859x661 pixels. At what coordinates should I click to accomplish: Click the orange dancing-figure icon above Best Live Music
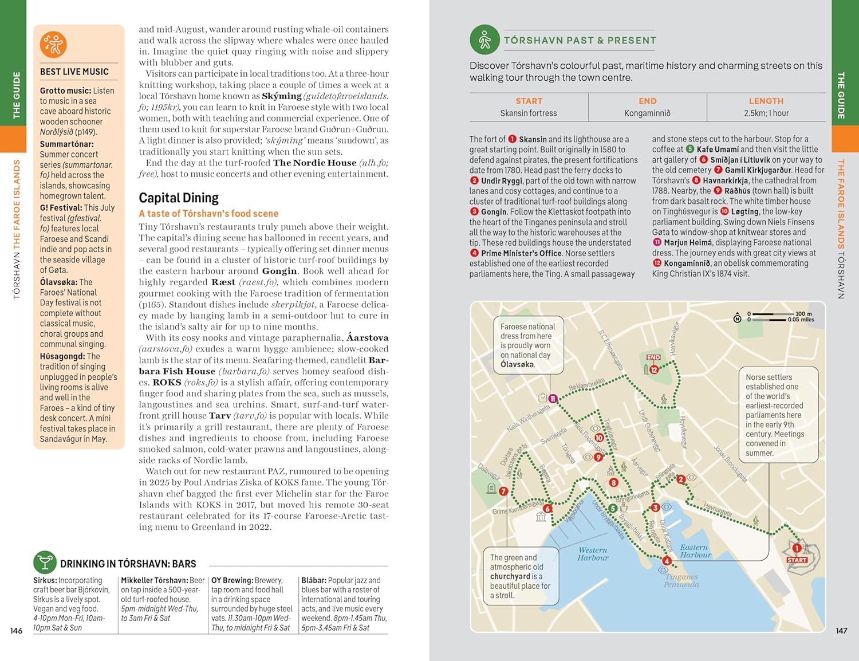click(x=53, y=44)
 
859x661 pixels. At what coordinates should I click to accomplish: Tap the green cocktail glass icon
click(x=44, y=562)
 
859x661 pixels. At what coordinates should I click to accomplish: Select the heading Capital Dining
click(x=179, y=198)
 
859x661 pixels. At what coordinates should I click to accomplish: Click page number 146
click(x=17, y=631)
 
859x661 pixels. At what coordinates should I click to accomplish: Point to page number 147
click(x=841, y=631)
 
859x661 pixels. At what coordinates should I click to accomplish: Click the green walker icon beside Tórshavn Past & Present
click(x=484, y=40)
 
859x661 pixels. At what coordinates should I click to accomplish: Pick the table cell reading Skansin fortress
click(x=528, y=113)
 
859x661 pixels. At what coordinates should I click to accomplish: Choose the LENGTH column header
click(x=766, y=101)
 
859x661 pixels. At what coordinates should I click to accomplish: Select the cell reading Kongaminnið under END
click(x=647, y=113)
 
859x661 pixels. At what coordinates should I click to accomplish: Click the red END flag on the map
click(x=653, y=357)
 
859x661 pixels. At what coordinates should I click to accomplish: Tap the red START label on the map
click(x=797, y=560)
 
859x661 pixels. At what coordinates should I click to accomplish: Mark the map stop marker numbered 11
click(x=553, y=399)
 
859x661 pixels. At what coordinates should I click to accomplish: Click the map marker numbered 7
click(x=503, y=491)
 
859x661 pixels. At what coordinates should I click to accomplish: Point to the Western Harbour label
click(x=593, y=554)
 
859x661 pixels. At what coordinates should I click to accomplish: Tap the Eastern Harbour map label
click(x=695, y=551)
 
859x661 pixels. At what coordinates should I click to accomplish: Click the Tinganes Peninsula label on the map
click(x=681, y=581)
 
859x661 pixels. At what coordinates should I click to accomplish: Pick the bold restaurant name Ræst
click(x=223, y=282)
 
